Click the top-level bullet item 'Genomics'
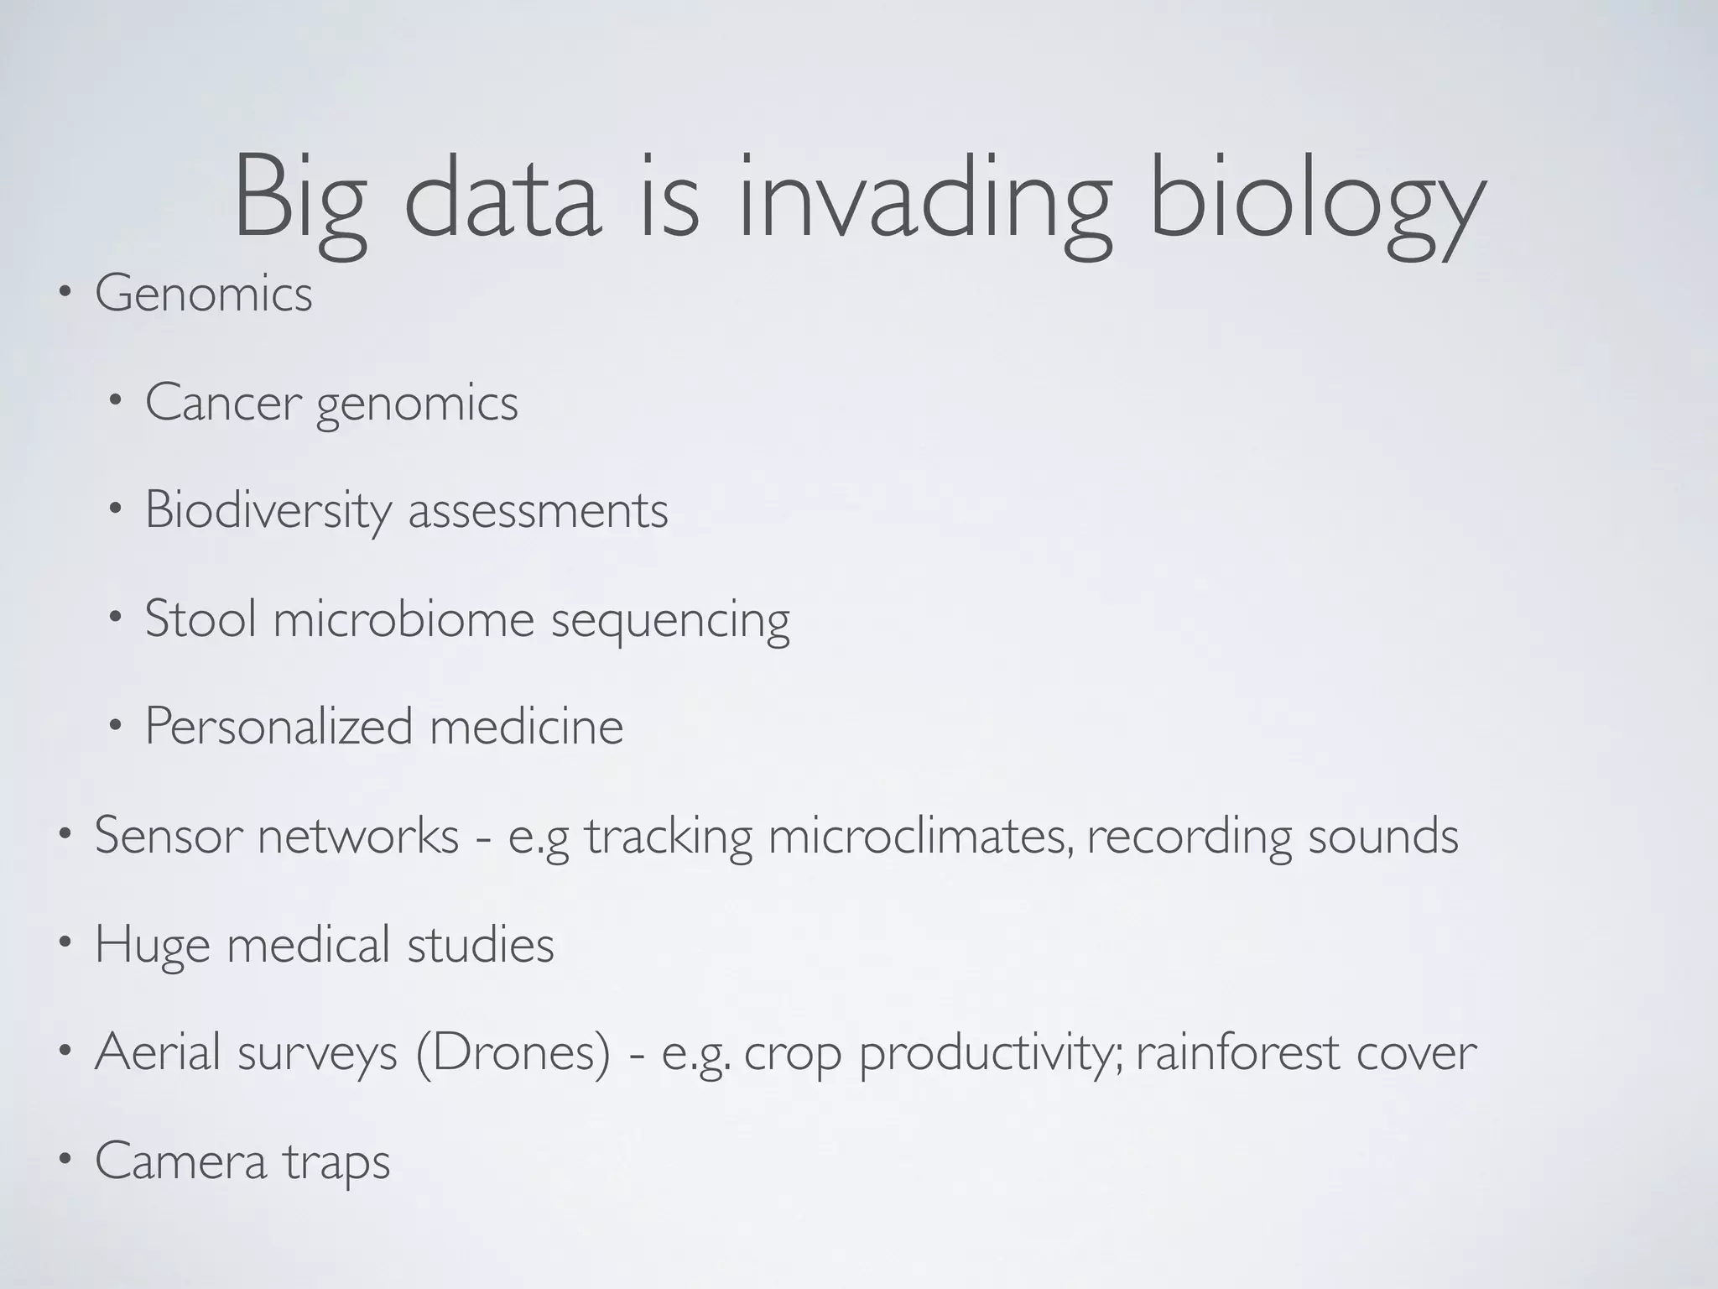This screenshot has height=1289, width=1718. point(203,295)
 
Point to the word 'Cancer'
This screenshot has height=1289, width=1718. point(223,403)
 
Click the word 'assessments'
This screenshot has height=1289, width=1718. point(538,511)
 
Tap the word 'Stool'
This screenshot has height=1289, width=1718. point(200,618)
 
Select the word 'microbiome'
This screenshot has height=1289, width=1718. point(403,618)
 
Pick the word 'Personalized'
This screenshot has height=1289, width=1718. point(279,727)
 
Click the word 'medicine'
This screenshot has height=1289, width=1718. point(526,727)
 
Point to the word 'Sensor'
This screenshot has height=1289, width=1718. point(169,836)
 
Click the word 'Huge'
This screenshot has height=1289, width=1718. point(152,945)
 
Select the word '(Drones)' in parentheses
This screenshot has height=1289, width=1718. point(513,1053)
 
